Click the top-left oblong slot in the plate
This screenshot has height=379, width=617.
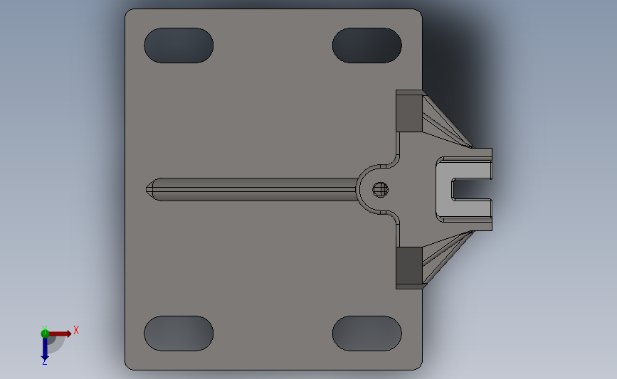[x=179, y=45]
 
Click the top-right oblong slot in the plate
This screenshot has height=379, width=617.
[x=367, y=45]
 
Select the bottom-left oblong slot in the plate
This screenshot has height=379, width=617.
[x=179, y=333]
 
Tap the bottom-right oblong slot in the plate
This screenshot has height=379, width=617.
[x=367, y=333]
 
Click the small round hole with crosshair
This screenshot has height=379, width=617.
[x=381, y=189]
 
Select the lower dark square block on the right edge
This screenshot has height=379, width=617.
[x=408, y=265]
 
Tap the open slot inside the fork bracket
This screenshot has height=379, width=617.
[x=472, y=189]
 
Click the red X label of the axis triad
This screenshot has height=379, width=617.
[x=75, y=330]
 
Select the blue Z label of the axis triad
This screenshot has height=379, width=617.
[x=44, y=362]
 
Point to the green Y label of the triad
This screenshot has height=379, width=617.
[x=44, y=329]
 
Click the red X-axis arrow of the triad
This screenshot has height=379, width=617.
[x=61, y=333]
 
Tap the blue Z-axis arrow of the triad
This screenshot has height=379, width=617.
[x=45, y=348]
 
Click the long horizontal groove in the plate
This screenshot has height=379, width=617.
[x=256, y=190]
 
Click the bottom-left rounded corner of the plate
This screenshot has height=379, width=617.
[x=129, y=366]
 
